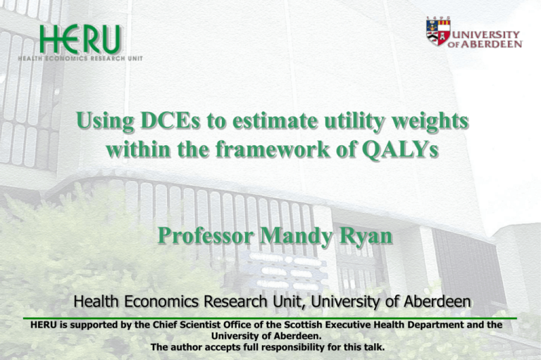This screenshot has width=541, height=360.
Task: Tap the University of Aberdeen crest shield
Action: click(437, 32)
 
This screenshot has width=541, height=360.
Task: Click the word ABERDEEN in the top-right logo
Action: click(497, 44)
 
